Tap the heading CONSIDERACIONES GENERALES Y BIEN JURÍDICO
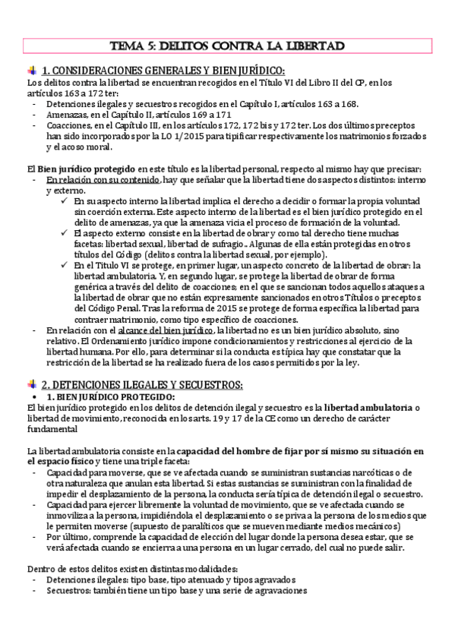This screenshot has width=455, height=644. click(x=163, y=71)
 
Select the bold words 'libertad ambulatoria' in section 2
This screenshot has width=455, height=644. click(x=362, y=409)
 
